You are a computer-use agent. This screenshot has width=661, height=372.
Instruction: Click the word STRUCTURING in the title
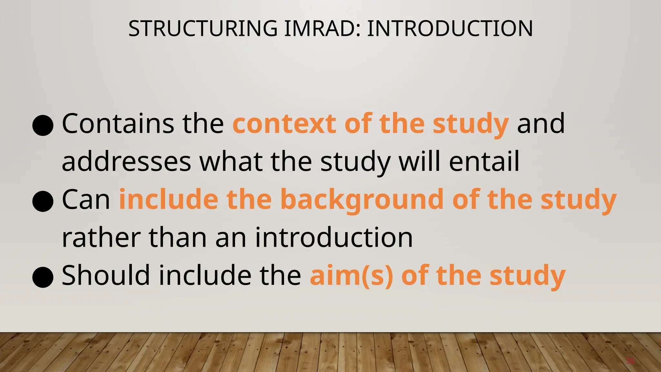(203, 28)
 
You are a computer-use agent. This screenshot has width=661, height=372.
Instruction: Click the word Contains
(118, 124)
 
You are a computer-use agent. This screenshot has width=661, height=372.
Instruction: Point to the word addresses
(126, 161)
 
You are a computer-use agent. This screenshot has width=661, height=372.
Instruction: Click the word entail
(484, 161)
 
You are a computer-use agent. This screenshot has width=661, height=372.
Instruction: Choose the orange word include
(168, 199)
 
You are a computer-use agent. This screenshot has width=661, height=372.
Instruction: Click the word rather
(101, 238)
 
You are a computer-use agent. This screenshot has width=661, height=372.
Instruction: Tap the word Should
(106, 275)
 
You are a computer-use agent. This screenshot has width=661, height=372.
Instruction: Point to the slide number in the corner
(630, 361)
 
